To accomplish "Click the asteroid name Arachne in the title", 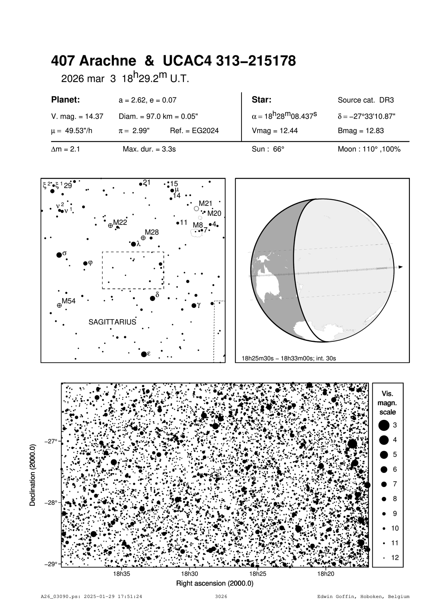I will [108, 61].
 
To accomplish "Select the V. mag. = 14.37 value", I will [77, 117].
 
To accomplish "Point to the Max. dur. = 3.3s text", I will [149, 149].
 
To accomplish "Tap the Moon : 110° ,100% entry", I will [369, 149].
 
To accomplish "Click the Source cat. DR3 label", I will [366, 100].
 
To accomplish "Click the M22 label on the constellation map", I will [120, 222].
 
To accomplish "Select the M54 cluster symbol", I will [59, 305].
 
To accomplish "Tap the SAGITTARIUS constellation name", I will [112, 322].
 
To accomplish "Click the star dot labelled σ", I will [59, 255].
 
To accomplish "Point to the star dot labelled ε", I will [144, 354].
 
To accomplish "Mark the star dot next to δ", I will [152, 298].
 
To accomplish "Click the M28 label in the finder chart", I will [152, 232].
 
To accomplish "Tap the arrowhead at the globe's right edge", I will [401, 267].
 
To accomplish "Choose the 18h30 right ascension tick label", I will [189, 574].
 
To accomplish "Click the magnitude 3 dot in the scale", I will [383, 425].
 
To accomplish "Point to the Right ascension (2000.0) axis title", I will [215, 583].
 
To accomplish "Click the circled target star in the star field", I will [215, 475].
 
